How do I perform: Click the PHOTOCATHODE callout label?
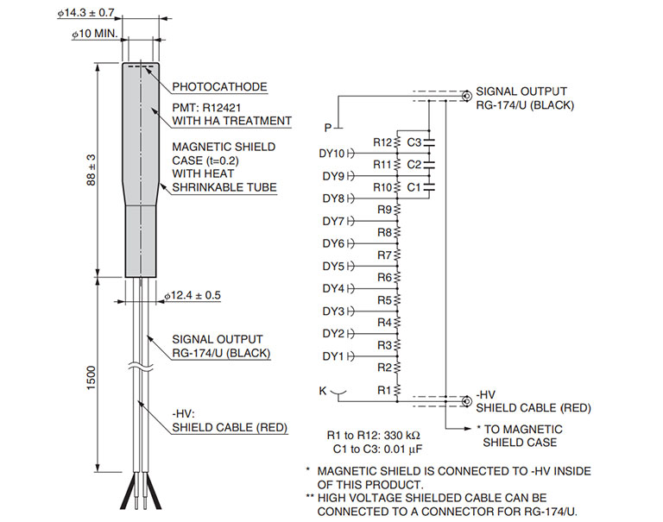[x=219, y=87]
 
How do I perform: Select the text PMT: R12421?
[x=212, y=107]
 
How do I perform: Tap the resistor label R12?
[x=382, y=142]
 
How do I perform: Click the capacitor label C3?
[x=414, y=142]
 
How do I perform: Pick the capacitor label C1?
[x=414, y=186]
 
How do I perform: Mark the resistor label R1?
[x=385, y=389]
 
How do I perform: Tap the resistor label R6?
[x=385, y=277]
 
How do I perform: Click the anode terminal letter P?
[x=328, y=128]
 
